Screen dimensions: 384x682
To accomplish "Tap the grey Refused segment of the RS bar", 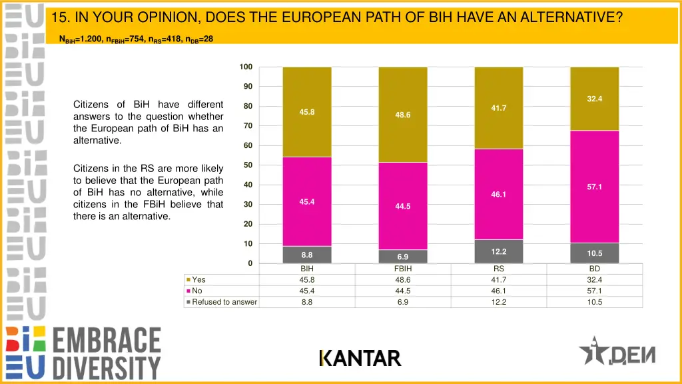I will point(499,251).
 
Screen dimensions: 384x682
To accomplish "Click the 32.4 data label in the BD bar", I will point(595,99).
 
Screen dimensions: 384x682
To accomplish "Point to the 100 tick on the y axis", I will point(246,67).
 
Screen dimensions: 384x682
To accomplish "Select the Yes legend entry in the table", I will point(198,280).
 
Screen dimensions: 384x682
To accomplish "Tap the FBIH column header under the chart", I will point(403,269).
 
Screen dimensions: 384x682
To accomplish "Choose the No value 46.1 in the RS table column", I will point(499,291).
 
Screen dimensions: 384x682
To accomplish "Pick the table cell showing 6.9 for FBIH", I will point(403,302).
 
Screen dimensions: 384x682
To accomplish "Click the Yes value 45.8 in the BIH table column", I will point(307,280).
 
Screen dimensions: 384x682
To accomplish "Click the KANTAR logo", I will point(360,359).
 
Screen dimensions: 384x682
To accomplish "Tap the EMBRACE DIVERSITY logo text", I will point(107,353).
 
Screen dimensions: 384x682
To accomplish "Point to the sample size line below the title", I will point(136,39).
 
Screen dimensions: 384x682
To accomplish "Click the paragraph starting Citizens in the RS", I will point(148,193).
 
